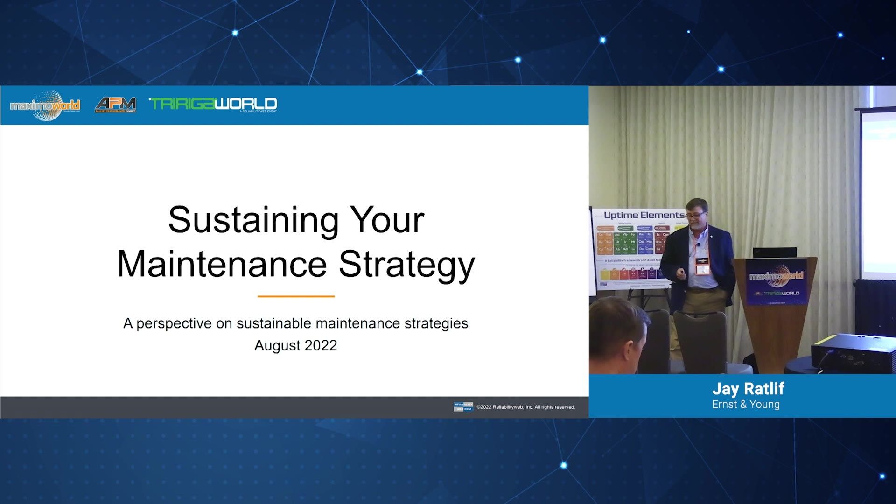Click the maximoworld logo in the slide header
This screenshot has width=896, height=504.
click(45, 105)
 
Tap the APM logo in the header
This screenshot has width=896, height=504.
click(115, 105)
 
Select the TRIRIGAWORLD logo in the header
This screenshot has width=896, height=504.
click(213, 104)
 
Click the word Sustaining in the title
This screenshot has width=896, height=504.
click(252, 220)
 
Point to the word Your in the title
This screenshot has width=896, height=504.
click(387, 220)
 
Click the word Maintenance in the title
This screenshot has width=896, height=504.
click(222, 265)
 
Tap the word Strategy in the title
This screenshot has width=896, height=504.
click(406, 265)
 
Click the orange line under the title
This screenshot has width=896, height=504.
click(296, 296)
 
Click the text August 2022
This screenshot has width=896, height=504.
click(295, 345)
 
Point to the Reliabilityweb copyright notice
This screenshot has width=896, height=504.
click(525, 407)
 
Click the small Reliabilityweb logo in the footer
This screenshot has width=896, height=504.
click(463, 407)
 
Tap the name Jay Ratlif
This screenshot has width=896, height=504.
click(748, 389)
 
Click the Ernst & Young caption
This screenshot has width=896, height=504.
click(746, 405)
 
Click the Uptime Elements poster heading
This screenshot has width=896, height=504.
click(643, 215)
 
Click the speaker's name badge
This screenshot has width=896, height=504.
click(702, 267)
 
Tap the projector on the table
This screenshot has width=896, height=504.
click(853, 352)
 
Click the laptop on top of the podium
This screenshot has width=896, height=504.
click(775, 252)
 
